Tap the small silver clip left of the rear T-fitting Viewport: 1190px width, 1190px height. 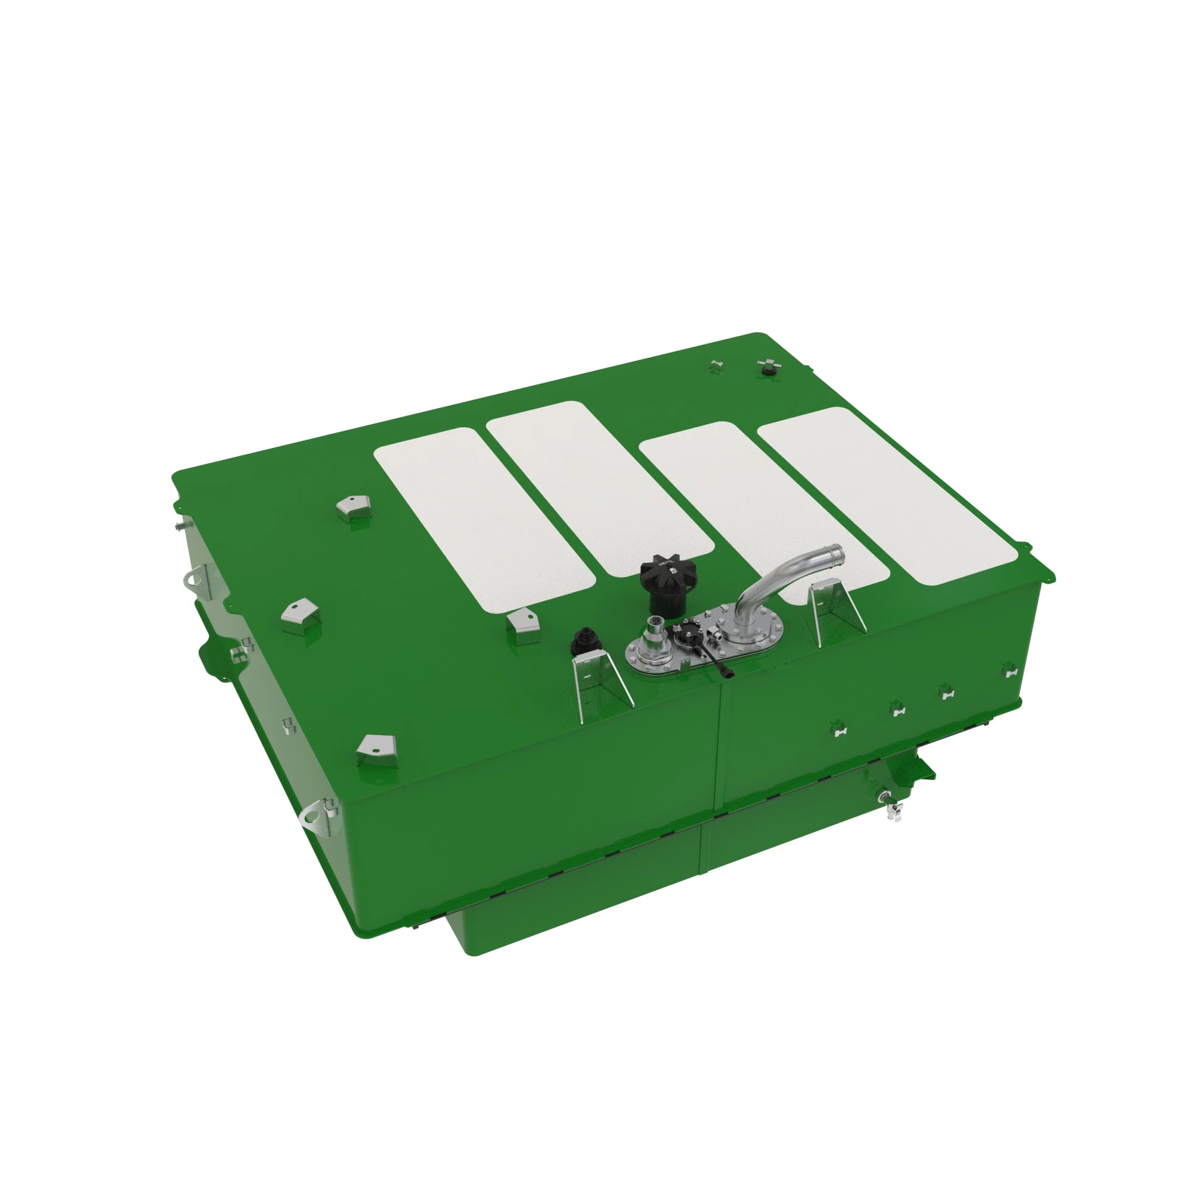[x=715, y=365]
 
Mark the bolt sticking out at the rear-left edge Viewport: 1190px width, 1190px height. [x=180, y=525]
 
